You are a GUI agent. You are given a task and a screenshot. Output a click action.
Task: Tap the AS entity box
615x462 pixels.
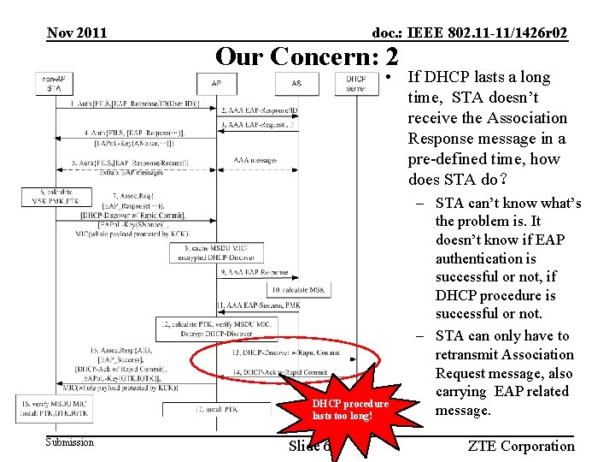click(296, 83)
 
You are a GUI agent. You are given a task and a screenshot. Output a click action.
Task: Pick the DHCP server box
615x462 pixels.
click(356, 83)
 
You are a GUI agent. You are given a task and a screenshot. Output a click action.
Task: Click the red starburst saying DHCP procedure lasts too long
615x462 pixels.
click(350, 408)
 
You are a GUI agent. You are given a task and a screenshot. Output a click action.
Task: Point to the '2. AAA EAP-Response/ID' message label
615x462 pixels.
click(260, 110)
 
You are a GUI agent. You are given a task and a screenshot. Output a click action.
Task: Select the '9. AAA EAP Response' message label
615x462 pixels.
click(255, 272)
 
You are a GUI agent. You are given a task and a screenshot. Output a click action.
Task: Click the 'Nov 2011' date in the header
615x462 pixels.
click(77, 33)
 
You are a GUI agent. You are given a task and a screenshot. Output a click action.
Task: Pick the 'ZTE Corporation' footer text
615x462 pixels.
click(521, 446)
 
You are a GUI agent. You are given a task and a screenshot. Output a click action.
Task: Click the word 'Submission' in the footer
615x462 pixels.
click(70, 442)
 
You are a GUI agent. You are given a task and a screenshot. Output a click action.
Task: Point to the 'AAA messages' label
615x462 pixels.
click(255, 161)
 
